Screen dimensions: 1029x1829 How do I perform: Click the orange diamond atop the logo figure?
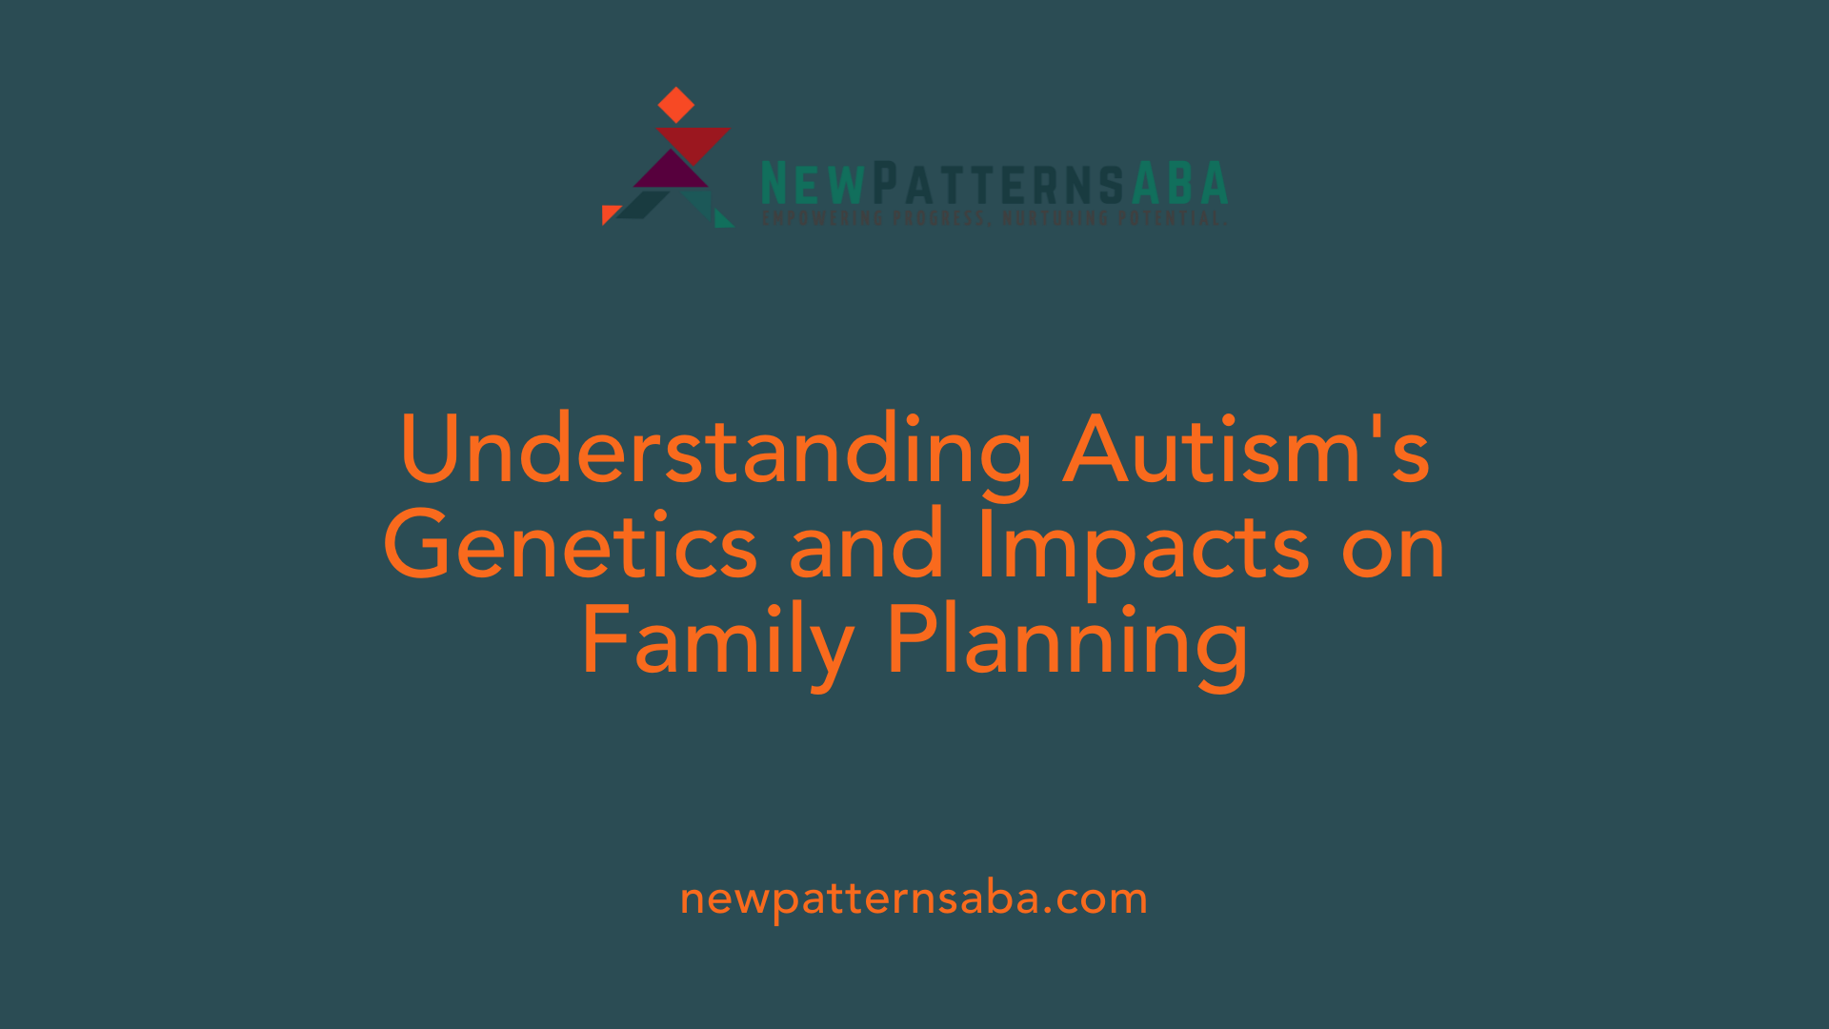[676, 105]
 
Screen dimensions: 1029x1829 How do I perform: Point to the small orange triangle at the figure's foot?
[609, 213]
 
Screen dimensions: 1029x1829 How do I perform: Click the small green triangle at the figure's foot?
[723, 219]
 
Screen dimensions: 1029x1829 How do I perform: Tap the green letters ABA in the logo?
[1179, 183]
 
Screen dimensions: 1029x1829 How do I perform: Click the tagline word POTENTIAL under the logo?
[1169, 218]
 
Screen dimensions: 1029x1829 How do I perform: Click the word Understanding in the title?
[715, 450]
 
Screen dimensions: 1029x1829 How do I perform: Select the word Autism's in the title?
[1246, 450]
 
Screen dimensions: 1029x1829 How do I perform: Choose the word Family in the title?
[717, 641]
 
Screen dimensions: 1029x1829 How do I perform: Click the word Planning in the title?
[1067, 641]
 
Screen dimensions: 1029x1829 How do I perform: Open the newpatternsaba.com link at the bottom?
[914, 899]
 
